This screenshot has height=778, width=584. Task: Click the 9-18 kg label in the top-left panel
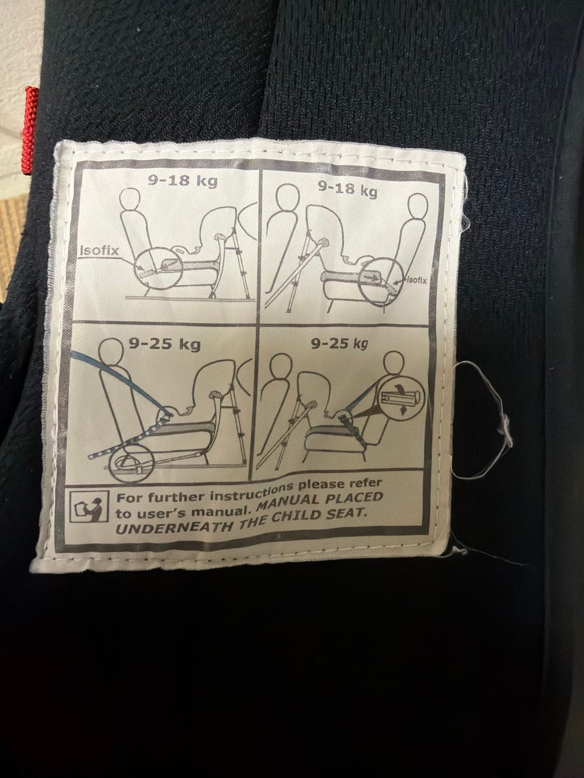point(182,182)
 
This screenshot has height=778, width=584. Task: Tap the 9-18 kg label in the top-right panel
point(347,189)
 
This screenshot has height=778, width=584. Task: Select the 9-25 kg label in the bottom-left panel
point(164,343)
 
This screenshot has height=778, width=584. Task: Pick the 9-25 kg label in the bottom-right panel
point(339,343)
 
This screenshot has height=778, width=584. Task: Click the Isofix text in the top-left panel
point(99,250)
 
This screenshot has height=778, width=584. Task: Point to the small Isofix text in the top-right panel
point(417,280)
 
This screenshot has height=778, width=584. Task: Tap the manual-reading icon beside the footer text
point(89,506)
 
